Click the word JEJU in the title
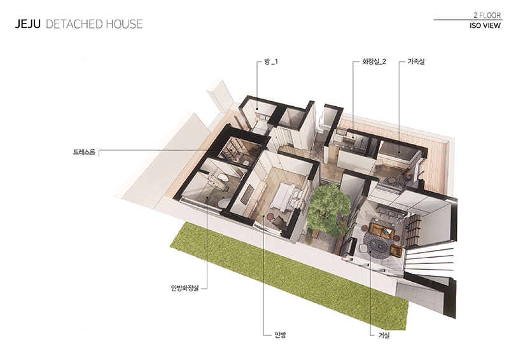click(28, 24)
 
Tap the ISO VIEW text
click(485, 25)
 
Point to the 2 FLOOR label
click(487, 15)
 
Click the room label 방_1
click(271, 62)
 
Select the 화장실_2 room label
click(374, 62)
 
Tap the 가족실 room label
click(416, 61)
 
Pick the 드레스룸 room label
click(84, 152)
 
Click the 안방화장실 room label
click(185, 288)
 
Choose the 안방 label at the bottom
click(280, 335)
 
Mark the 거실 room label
click(384, 335)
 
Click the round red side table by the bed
click(270, 216)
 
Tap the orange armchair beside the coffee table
click(396, 251)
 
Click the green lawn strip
click(289, 275)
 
